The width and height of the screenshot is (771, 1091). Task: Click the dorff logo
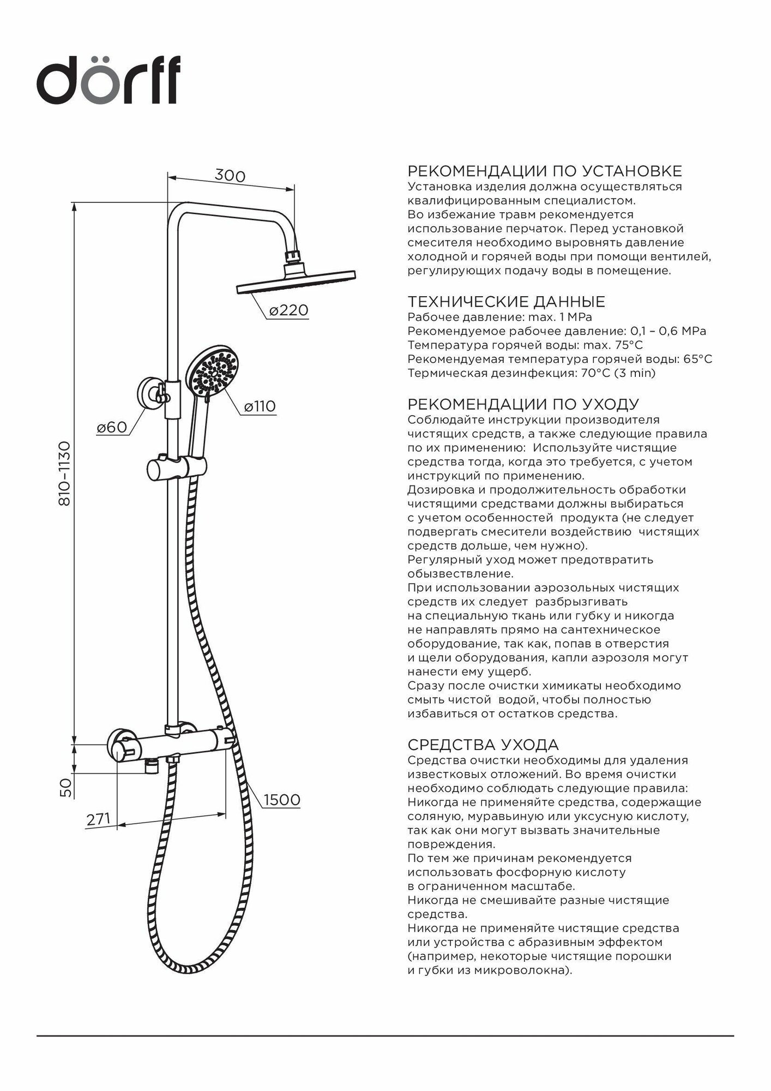click(109, 82)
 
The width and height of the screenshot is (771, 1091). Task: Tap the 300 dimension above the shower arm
click(230, 176)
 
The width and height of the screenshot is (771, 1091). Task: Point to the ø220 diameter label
click(289, 310)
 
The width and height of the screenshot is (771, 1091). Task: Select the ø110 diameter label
click(260, 406)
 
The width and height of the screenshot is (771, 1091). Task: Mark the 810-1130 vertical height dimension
click(65, 473)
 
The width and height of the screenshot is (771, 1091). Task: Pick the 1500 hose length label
click(282, 800)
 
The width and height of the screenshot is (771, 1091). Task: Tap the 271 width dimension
click(98, 819)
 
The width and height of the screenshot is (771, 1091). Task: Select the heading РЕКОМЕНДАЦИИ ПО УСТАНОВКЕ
click(545, 171)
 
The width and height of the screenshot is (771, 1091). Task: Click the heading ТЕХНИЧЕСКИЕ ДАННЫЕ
click(507, 302)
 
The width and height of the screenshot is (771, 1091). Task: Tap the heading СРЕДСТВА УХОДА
click(483, 745)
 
